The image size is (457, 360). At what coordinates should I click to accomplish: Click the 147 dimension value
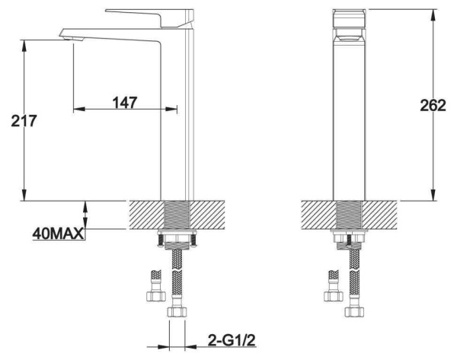125,102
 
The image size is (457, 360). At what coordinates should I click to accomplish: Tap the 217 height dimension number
24,120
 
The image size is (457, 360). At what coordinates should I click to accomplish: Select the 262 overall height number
433,105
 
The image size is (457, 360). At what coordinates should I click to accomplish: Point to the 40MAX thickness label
59,234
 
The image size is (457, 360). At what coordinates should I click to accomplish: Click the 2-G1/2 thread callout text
232,340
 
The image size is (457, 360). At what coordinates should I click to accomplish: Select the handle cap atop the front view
349,18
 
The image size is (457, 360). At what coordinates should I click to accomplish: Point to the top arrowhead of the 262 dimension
433,14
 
